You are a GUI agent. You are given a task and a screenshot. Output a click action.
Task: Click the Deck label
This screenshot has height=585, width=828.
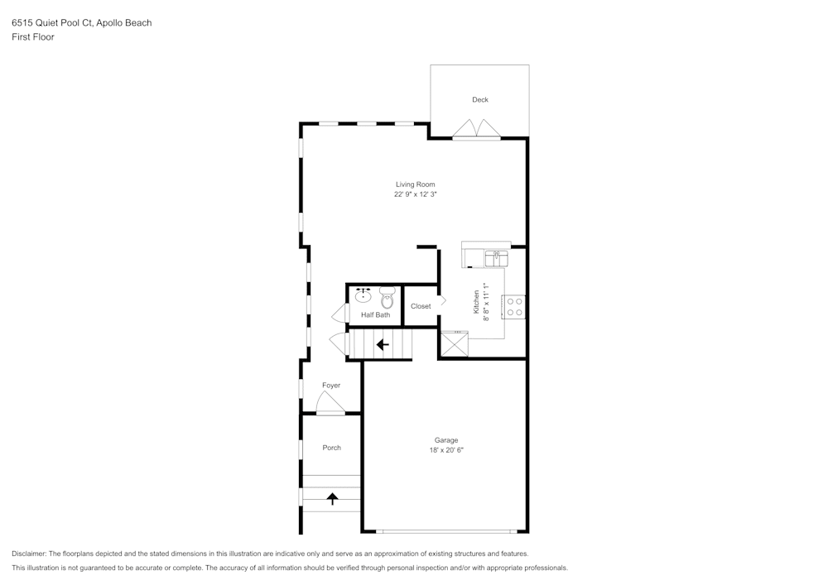click(x=480, y=99)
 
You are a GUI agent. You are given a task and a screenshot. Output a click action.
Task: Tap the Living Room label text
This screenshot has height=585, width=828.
click(x=415, y=185)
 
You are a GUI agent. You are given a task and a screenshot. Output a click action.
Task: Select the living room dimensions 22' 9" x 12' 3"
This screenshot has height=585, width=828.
click(x=415, y=195)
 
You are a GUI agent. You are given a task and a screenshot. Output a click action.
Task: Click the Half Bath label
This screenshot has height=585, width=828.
click(x=375, y=315)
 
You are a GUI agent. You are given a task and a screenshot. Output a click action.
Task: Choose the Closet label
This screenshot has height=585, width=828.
click(x=421, y=306)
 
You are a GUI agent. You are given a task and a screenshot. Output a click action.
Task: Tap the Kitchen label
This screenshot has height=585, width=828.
click(x=477, y=300)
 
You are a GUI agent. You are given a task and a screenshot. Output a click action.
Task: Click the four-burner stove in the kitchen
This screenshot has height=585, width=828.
click(x=514, y=307)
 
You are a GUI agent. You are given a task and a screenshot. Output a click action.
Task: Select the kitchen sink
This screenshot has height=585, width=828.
click(x=497, y=258)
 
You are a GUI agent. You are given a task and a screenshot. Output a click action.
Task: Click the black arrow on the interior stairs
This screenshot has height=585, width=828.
click(x=383, y=344)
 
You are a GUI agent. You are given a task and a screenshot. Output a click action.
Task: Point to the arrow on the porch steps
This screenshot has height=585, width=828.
click(x=332, y=498)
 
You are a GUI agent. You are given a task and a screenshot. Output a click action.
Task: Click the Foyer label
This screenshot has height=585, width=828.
click(x=331, y=386)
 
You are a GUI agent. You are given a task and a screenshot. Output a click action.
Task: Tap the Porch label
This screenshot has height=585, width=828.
click(x=331, y=448)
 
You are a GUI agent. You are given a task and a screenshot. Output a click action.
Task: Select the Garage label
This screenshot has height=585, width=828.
click(x=446, y=440)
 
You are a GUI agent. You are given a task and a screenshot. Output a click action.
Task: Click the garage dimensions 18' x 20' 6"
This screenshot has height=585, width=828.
click(x=446, y=451)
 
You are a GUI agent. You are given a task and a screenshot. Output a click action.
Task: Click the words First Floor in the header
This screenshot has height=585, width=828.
click(x=33, y=37)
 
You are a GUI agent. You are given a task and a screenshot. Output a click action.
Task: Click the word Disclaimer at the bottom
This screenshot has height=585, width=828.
click(x=29, y=554)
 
